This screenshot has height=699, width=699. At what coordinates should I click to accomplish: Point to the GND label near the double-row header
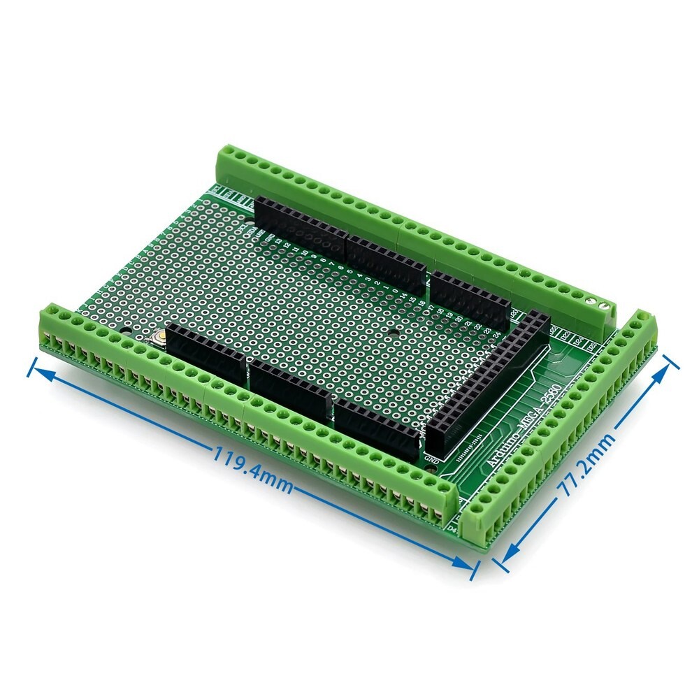pos(432,460)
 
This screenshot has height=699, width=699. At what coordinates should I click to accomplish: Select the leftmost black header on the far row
pos(301,223)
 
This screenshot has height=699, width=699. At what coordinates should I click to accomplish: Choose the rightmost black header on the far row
pos(470,298)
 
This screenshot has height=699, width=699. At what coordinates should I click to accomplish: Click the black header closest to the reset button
pos(206,355)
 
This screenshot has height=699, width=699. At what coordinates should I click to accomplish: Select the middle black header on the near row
pos(290,390)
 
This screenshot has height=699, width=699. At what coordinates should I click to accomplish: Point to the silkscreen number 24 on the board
pos(497,334)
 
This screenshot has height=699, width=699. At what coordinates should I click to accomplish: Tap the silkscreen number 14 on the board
pos(404,295)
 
